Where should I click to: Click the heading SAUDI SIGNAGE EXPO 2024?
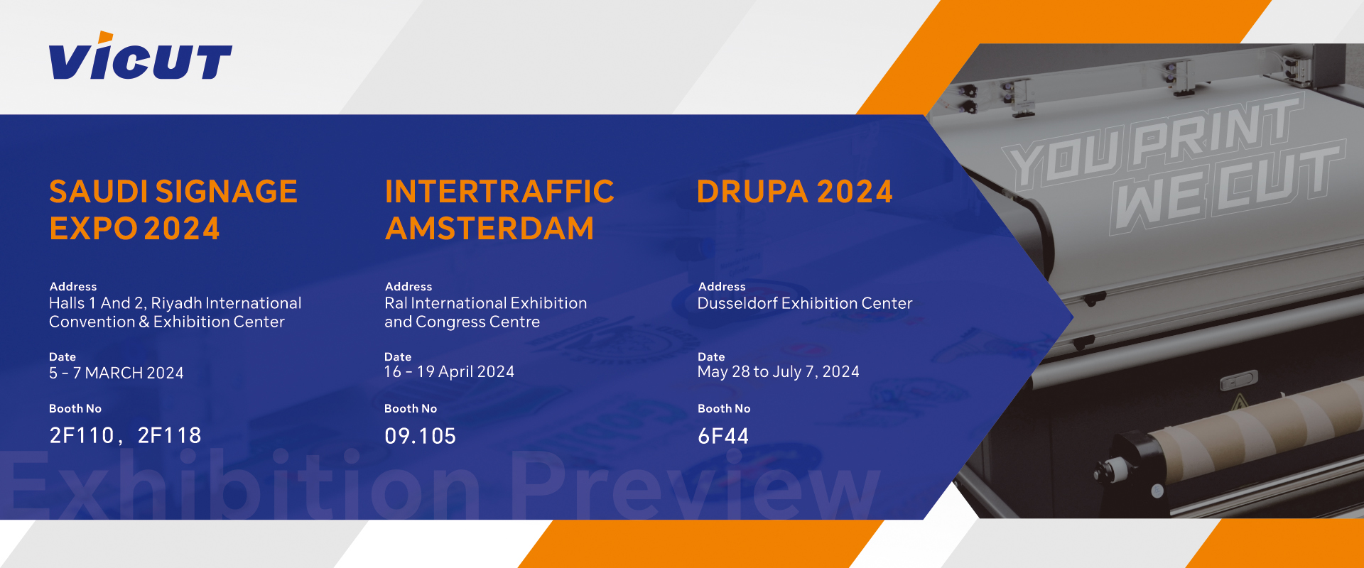pos(173,210)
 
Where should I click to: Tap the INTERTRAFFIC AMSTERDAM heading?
pos(499,210)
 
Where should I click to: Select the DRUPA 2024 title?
pos(794,192)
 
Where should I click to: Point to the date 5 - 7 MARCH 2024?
pos(117,373)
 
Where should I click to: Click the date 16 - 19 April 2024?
pos(449,371)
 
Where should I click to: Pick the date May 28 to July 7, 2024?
pos(778,372)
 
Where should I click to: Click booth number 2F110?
pos(82,435)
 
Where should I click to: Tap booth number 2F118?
pos(169,435)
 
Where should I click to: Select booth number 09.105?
pos(420,436)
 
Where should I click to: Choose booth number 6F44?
pos(723,436)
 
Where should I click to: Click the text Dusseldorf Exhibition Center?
pos(805,303)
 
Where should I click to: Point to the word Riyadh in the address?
pos(176,304)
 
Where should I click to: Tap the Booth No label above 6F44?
pos(724,408)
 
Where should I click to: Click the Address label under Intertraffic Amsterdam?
pos(408,286)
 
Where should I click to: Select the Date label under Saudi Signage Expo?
pos(63,356)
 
